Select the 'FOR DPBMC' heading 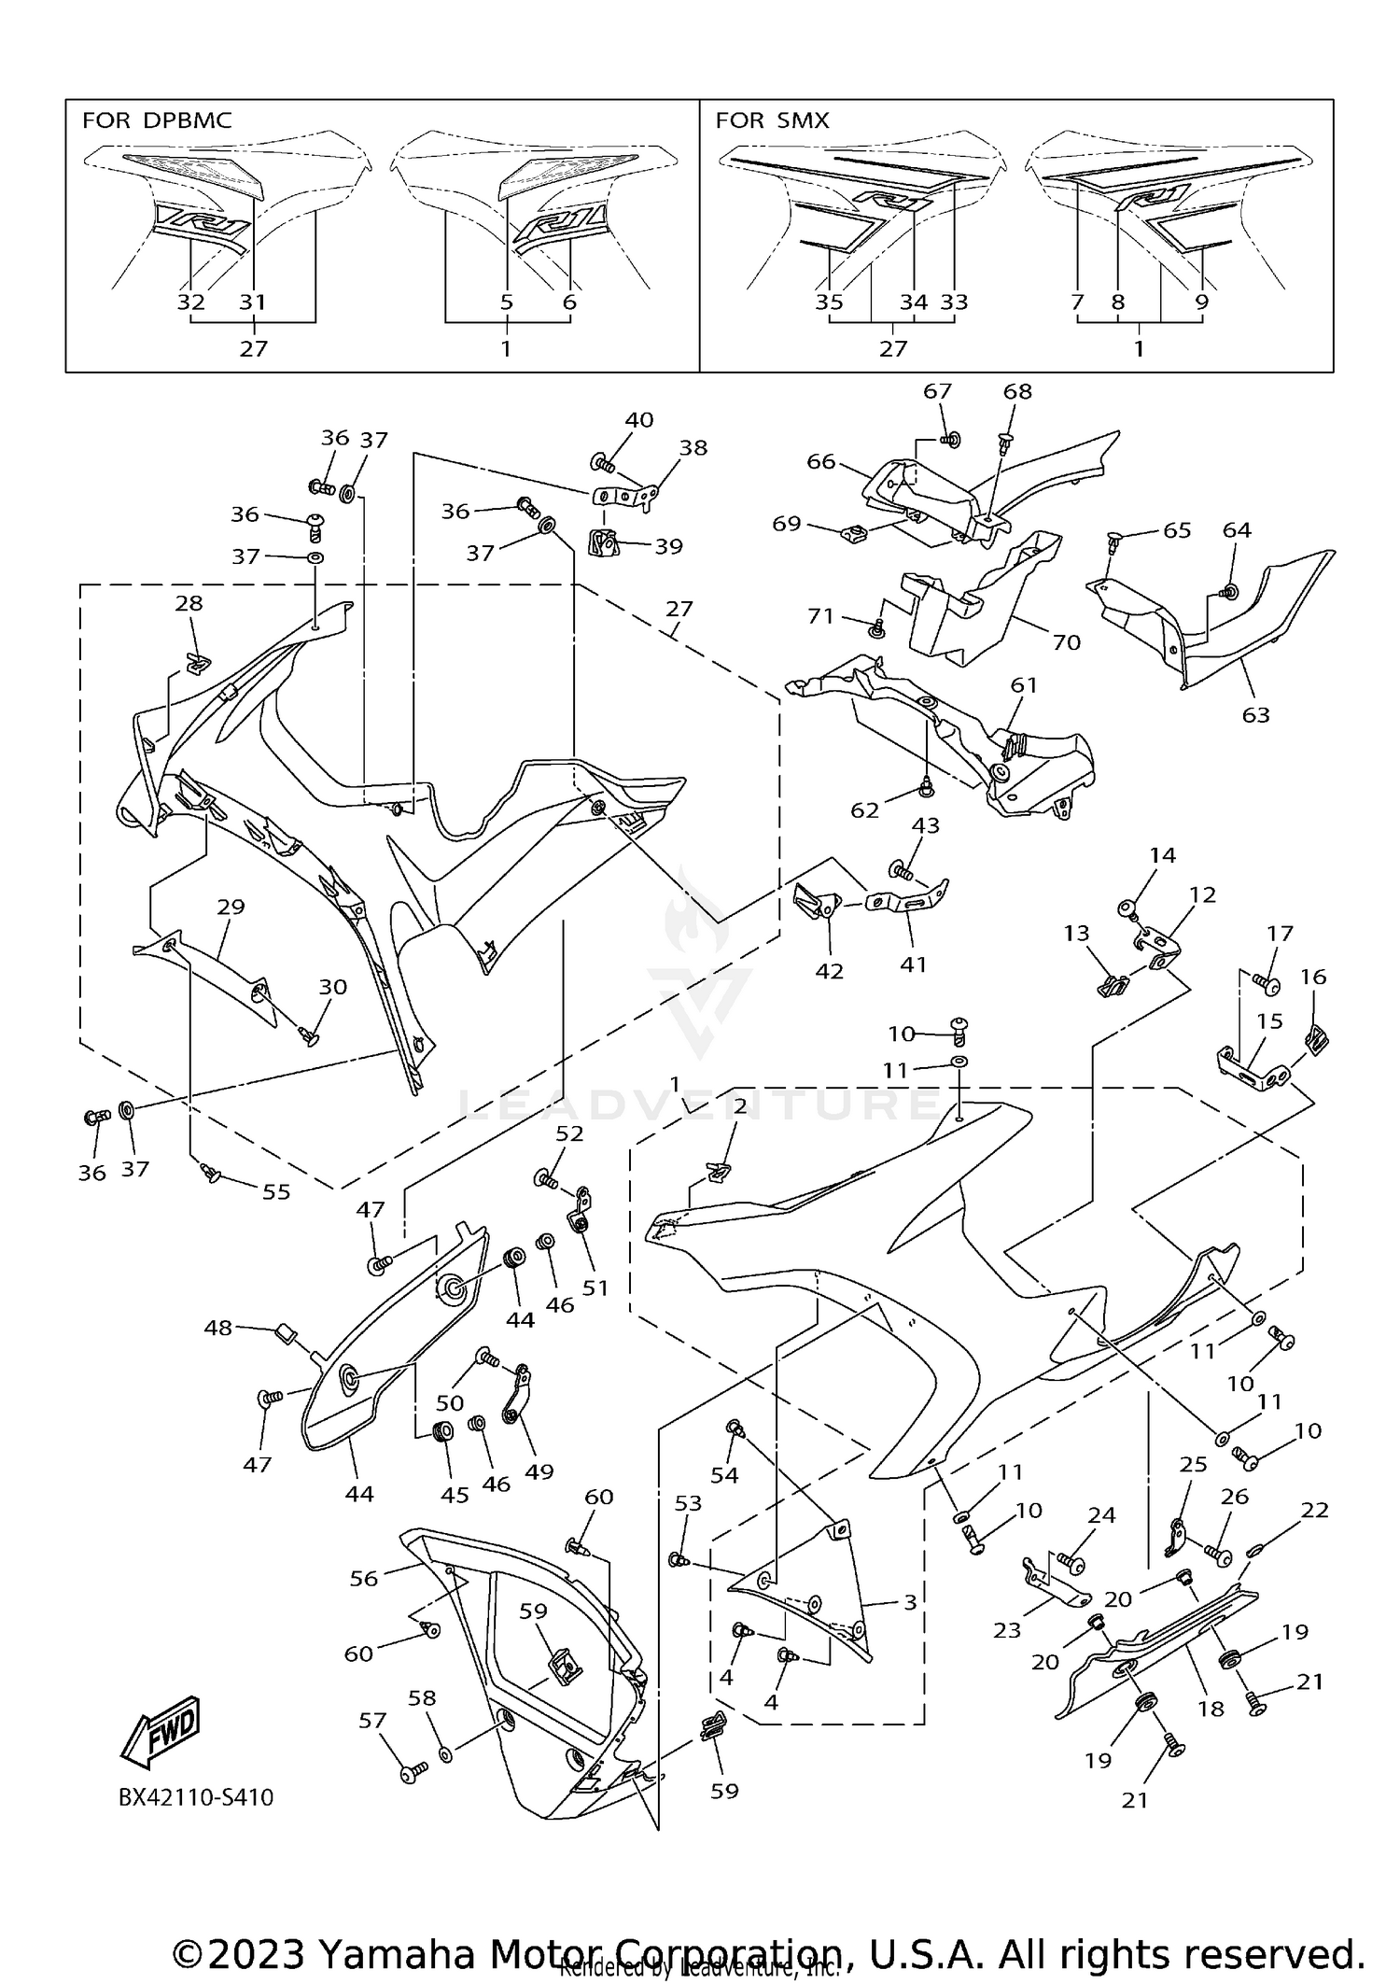[157, 120]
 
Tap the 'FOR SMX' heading [772, 120]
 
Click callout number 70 [1066, 642]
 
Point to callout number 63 [1255, 715]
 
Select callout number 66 [820, 462]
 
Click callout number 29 [231, 907]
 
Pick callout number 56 [364, 1577]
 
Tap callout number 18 [1211, 1709]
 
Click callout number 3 [910, 1602]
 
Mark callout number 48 [218, 1327]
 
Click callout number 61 [1024, 685]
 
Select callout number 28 [189, 603]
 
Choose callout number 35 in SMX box [829, 302]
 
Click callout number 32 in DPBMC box [190, 302]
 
